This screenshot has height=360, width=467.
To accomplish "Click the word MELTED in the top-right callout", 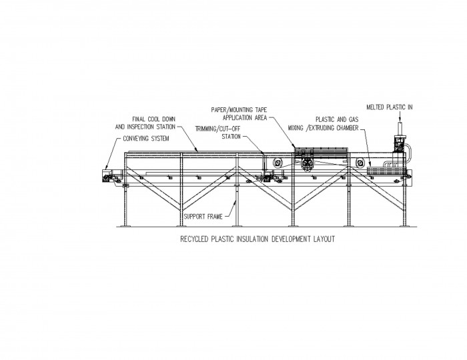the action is [375, 107].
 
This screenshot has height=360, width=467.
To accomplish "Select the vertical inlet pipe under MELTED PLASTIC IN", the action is [400, 129].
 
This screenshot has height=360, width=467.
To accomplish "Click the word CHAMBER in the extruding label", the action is [348, 128].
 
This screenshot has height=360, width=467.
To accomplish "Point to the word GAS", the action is [353, 119].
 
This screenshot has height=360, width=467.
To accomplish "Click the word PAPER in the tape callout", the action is [219, 110].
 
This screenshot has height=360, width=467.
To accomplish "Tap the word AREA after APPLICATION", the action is [261, 118].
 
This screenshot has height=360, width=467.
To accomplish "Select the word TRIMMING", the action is [205, 129].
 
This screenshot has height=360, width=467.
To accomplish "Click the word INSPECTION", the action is [140, 127].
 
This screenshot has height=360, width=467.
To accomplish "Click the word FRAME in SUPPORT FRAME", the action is [215, 217].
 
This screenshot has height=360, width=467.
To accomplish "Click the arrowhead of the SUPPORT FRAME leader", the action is [236, 203].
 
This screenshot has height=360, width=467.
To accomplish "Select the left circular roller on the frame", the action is [278, 163].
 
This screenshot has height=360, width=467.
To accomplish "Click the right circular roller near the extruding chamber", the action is [360, 163].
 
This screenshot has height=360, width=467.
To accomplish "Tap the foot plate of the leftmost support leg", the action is [125, 226].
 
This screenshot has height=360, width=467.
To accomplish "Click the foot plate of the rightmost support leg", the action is [404, 226].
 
